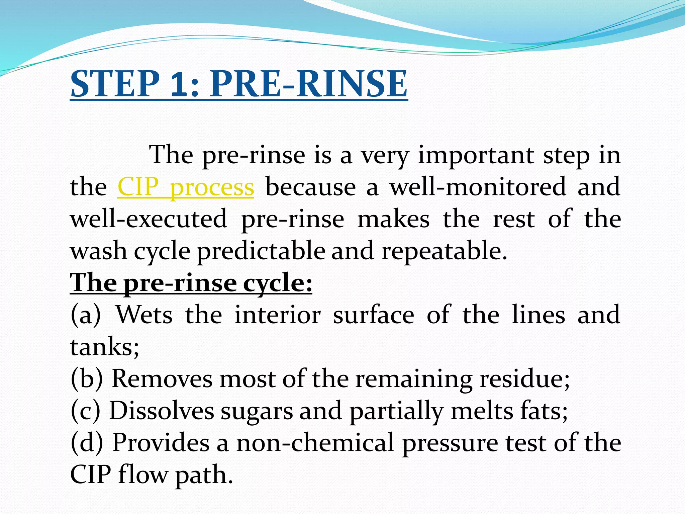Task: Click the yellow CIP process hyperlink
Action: point(186,187)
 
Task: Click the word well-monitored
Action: point(478,187)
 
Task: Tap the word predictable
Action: point(261,251)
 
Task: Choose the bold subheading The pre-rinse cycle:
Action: point(191,283)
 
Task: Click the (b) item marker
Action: point(86,379)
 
